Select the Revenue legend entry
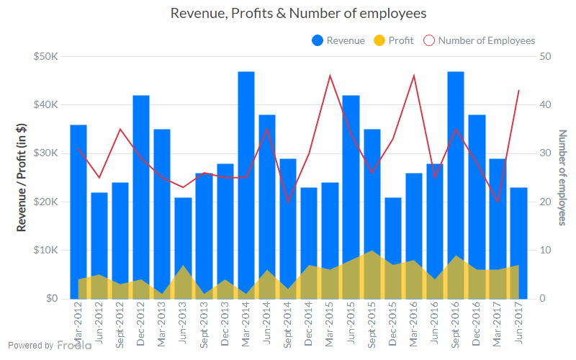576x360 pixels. click(x=338, y=40)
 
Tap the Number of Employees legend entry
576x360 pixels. click(x=480, y=40)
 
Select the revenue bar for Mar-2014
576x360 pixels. click(x=246, y=180)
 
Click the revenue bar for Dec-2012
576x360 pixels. click(x=141, y=194)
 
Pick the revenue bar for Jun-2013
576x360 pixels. click(x=183, y=245)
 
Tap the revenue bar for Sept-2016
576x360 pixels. click(x=455, y=180)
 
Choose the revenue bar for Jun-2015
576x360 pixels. click(x=351, y=194)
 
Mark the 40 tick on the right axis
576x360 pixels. click(x=545, y=104)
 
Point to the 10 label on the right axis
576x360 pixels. click(x=545, y=250)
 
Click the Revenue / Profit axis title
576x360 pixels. click(x=22, y=177)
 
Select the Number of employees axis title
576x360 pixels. click(x=563, y=177)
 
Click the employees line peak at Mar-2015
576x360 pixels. click(x=330, y=76)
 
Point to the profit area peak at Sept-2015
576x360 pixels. click(x=372, y=251)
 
